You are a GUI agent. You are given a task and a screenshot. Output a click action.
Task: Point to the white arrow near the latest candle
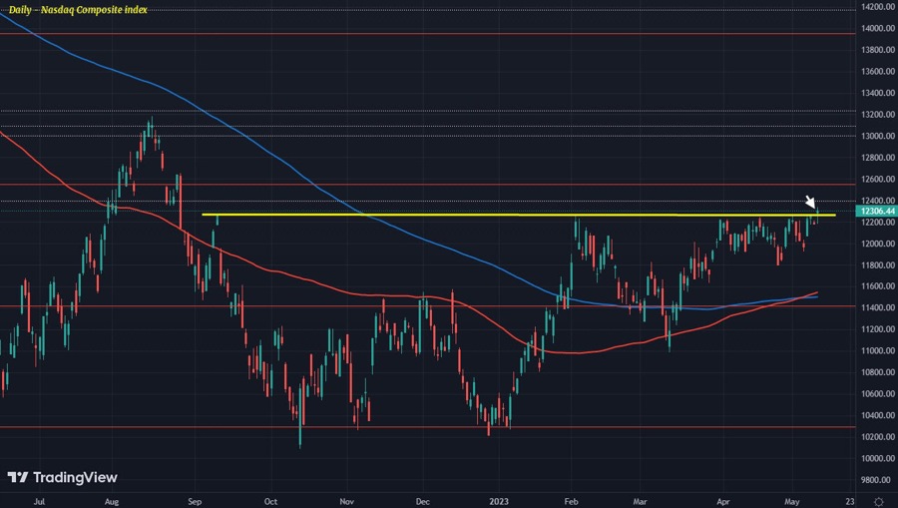811,203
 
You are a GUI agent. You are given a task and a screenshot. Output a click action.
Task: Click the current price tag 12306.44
874,212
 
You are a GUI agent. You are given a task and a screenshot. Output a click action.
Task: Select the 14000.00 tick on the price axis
874,29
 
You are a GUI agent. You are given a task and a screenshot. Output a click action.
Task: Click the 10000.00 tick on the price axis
874,458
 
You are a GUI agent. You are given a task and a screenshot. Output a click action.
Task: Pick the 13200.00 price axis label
874,115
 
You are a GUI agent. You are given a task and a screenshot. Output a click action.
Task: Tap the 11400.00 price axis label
874,307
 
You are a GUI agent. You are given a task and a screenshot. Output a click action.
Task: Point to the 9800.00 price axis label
874,479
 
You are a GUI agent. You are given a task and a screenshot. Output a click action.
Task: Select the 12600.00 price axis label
874,180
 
